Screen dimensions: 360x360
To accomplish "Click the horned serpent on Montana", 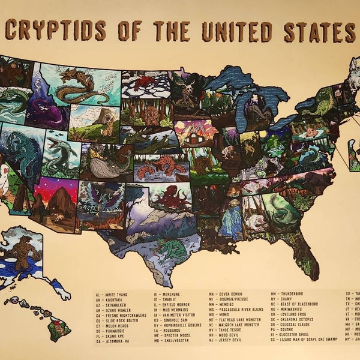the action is (84, 83).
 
